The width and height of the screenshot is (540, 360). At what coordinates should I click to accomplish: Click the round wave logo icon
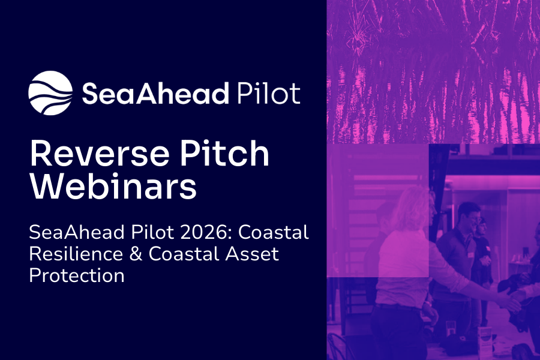coord(50,92)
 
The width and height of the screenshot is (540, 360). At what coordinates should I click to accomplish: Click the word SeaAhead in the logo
coord(156,94)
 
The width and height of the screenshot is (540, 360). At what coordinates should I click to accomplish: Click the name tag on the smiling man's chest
coord(467,251)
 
